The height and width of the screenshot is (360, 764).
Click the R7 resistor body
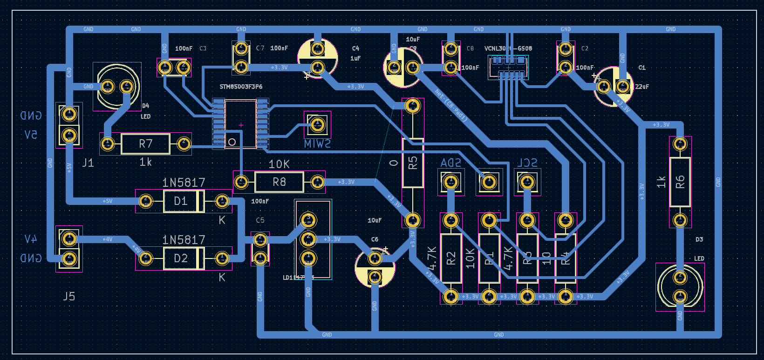point(145,143)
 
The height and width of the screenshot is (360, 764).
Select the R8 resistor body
point(279,182)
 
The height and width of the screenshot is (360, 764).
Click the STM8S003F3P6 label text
point(241,87)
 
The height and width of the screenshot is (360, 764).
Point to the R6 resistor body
point(680,182)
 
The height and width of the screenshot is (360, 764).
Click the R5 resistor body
point(413,163)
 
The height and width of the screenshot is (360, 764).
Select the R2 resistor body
point(451,258)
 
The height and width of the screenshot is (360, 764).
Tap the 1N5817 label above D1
point(184,183)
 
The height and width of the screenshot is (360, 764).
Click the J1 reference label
point(88,163)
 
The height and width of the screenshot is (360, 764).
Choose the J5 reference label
point(69,296)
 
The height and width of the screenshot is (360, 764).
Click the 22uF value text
point(642,87)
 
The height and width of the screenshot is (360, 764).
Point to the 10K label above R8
point(279,164)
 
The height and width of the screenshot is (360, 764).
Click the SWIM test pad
point(317,124)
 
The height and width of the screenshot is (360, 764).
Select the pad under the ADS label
point(451,182)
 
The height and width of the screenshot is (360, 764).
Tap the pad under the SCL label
point(527,182)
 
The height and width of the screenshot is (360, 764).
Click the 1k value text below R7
point(145,162)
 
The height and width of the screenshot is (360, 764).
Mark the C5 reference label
point(260,220)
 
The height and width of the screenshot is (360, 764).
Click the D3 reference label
point(699,239)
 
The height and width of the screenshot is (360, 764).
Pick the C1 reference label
point(642,68)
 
